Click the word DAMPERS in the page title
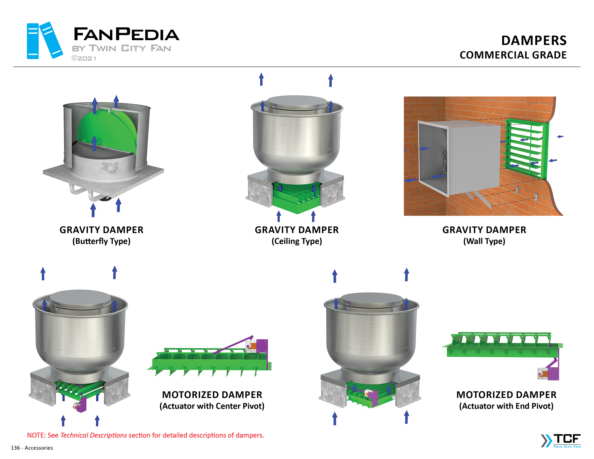point(534,41)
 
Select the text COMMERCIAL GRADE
point(513,55)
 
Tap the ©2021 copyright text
point(84,58)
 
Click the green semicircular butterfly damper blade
point(109,131)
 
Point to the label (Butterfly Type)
point(101,241)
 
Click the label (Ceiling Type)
point(297,241)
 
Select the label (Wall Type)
point(484,241)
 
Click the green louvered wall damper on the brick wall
point(526,148)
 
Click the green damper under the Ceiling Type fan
point(297,197)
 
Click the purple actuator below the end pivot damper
point(552,373)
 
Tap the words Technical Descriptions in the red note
point(93,435)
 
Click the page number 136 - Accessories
point(32,448)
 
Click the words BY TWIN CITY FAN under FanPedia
point(121,48)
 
